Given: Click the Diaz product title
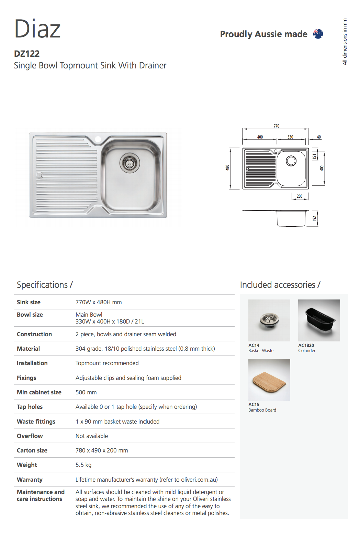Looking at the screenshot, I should (x=37, y=29).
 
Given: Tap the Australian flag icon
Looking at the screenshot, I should (x=318, y=34).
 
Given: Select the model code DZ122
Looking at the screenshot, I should (x=27, y=54).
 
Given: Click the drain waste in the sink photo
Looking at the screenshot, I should (x=130, y=163).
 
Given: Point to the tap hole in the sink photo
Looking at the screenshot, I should (x=98, y=139).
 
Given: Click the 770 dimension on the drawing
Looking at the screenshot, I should (x=277, y=126).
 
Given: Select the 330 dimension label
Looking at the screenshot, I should (x=290, y=137).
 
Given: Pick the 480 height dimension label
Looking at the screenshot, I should (x=227, y=168).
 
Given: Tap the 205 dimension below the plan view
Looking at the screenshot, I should (x=300, y=196).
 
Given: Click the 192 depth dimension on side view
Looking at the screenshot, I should (x=314, y=218).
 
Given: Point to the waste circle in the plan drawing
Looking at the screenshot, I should (x=291, y=161).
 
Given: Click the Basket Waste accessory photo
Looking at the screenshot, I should (x=269, y=320).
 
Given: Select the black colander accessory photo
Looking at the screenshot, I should (x=319, y=320).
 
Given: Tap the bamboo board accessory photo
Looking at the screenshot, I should (x=269, y=380).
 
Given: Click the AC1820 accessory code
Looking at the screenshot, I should (x=306, y=345).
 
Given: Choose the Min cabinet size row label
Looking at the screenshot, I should (x=39, y=392).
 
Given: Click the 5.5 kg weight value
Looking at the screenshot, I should (x=83, y=465).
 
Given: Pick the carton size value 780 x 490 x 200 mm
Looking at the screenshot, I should (x=102, y=450).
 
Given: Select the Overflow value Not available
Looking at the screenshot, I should (x=92, y=436).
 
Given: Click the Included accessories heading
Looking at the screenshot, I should (x=280, y=285).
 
